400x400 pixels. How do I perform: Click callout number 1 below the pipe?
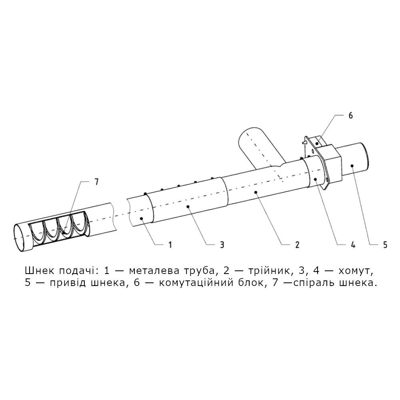point(170,245)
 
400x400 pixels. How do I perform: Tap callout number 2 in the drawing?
point(297,245)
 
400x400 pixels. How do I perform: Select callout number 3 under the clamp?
point(222,245)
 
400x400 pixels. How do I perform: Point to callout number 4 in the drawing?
point(353,245)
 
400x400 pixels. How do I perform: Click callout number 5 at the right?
point(385,245)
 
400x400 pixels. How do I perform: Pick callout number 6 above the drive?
point(350,115)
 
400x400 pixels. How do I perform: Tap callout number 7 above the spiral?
point(96,182)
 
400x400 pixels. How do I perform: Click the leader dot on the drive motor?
point(352,166)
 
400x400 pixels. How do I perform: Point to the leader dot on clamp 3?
point(188,206)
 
